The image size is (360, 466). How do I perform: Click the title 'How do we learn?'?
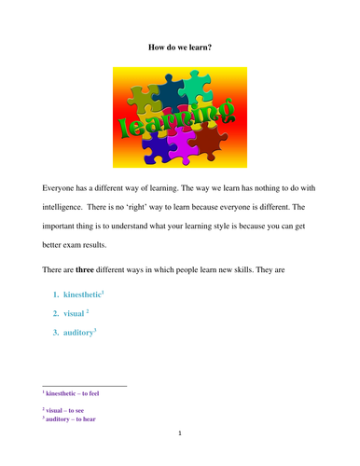(x=180, y=46)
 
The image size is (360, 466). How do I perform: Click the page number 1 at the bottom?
(x=179, y=436)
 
